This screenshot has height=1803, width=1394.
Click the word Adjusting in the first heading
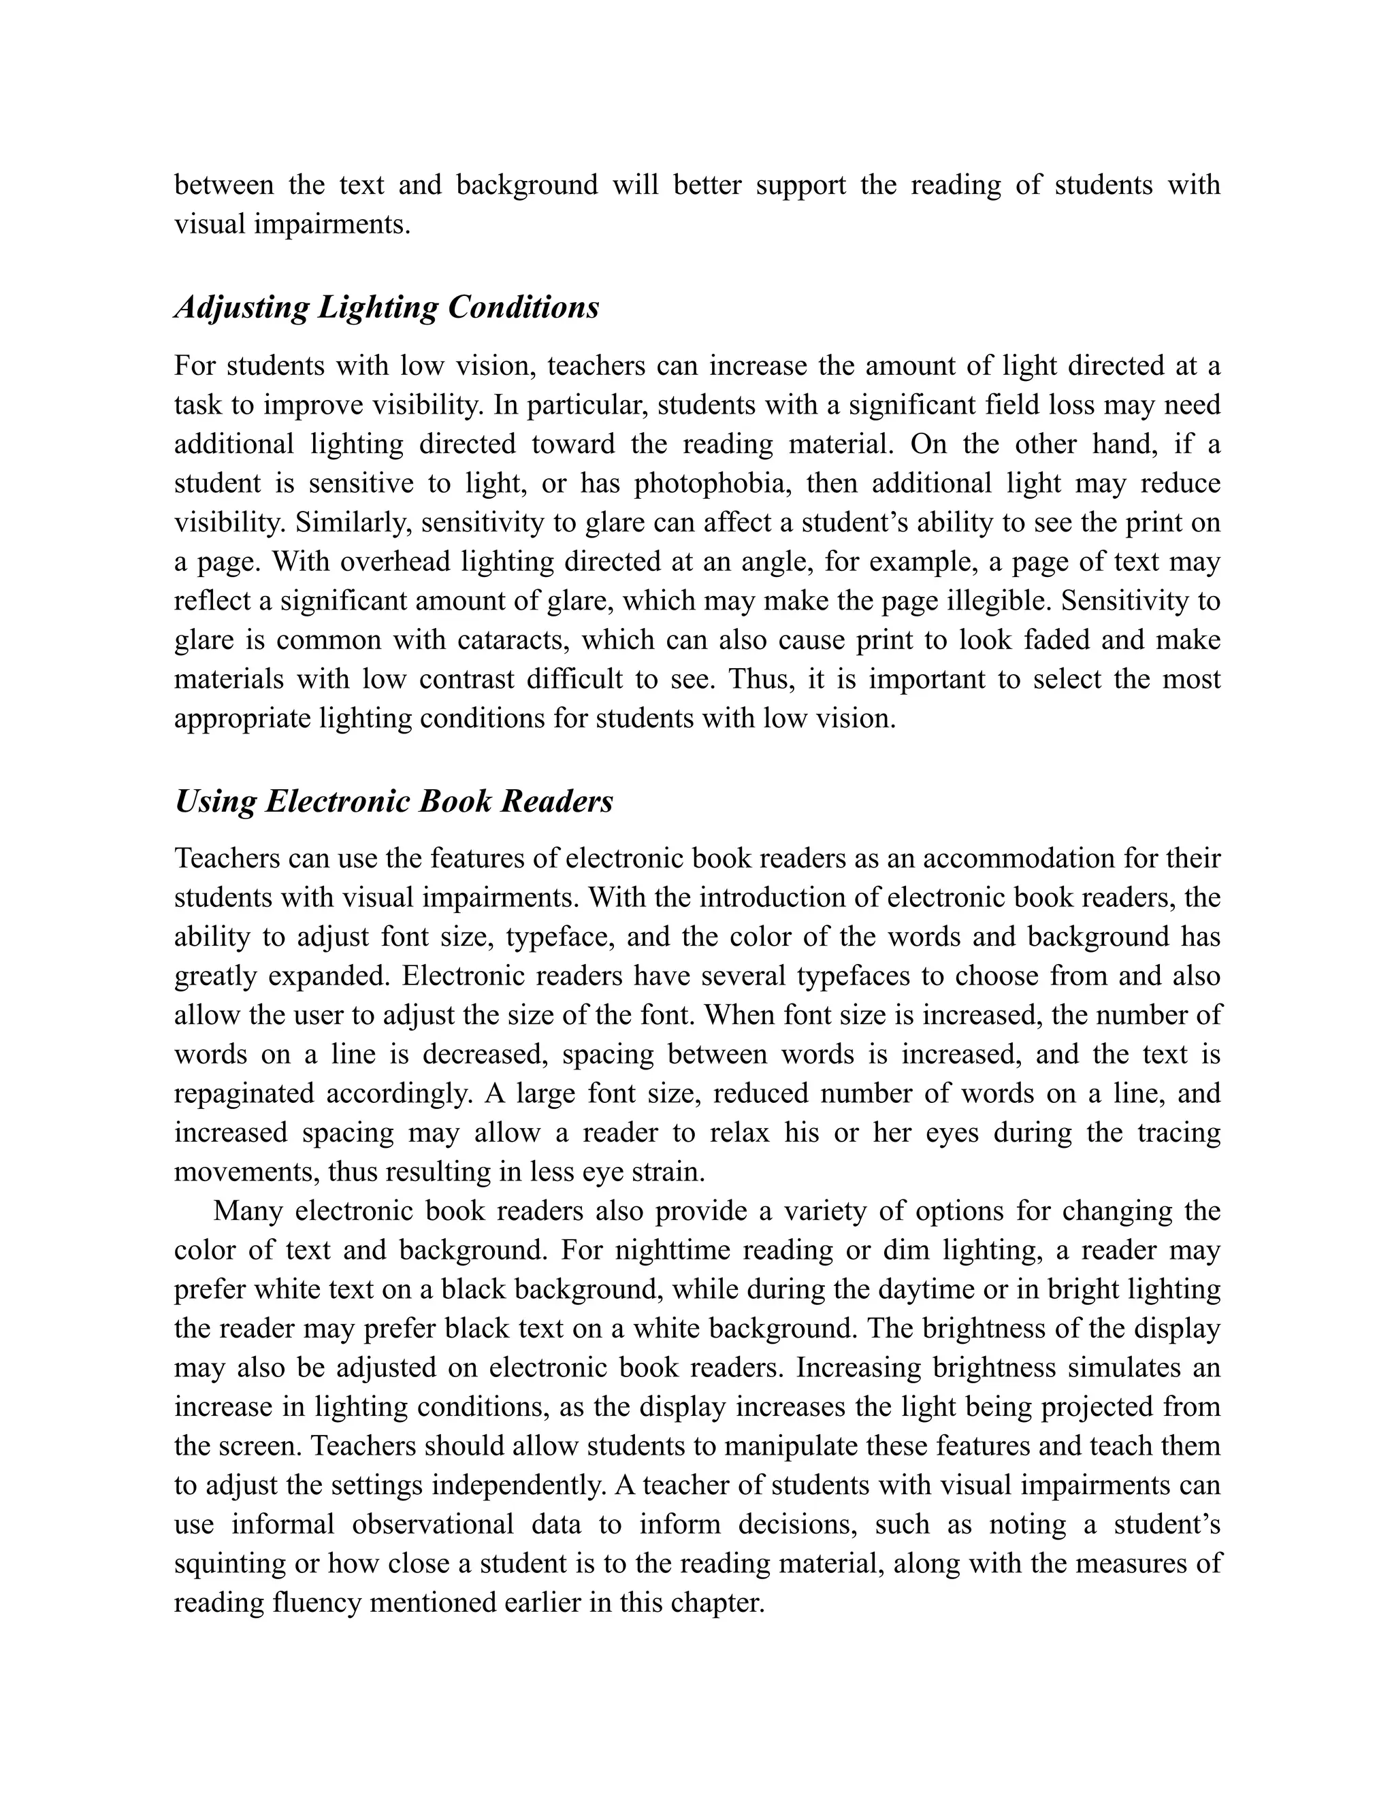click(241, 309)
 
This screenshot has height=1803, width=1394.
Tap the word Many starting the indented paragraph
click(247, 1212)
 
